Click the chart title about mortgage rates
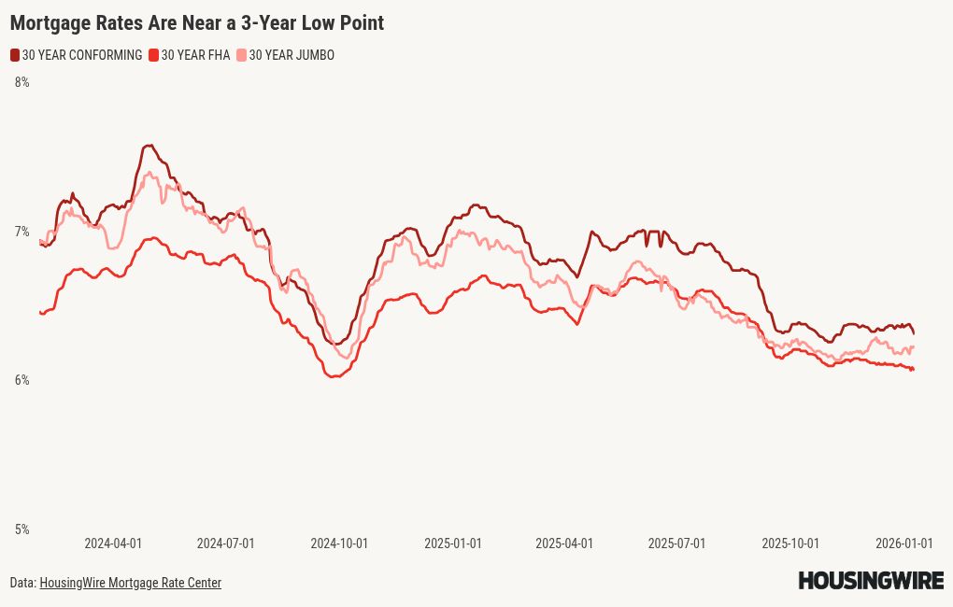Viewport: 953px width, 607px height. pyautogui.click(x=197, y=23)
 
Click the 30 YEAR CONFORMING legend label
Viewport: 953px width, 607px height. pyautogui.click(x=82, y=55)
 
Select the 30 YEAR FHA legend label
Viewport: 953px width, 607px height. pyautogui.click(x=195, y=55)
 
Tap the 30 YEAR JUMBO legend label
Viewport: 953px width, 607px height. pyautogui.click(x=292, y=55)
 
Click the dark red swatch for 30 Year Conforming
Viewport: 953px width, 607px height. pyautogui.click(x=15, y=55)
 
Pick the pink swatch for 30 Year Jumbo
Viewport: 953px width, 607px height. pyautogui.click(x=242, y=55)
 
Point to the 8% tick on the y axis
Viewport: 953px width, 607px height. pyautogui.click(x=21, y=82)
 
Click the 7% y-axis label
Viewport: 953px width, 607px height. pyautogui.click(x=21, y=232)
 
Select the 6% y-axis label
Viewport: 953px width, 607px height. pyautogui.click(x=21, y=380)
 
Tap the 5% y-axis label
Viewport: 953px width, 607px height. pyautogui.click(x=21, y=529)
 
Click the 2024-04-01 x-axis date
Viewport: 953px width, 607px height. pyautogui.click(x=113, y=543)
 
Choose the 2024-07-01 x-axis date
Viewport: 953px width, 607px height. pyautogui.click(x=225, y=543)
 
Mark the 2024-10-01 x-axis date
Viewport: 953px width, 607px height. pyautogui.click(x=339, y=543)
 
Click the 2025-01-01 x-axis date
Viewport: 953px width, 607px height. pyautogui.click(x=453, y=543)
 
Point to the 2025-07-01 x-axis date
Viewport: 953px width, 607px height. pyautogui.click(x=677, y=543)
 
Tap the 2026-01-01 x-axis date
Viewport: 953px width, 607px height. pyautogui.click(x=903, y=543)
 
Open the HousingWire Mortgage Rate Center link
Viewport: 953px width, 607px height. pyautogui.click(x=130, y=583)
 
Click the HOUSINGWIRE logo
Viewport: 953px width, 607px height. pyautogui.click(x=871, y=581)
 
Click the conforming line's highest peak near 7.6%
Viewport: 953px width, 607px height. pyautogui.click(x=149, y=146)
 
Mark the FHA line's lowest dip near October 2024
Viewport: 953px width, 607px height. pyautogui.click(x=334, y=375)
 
